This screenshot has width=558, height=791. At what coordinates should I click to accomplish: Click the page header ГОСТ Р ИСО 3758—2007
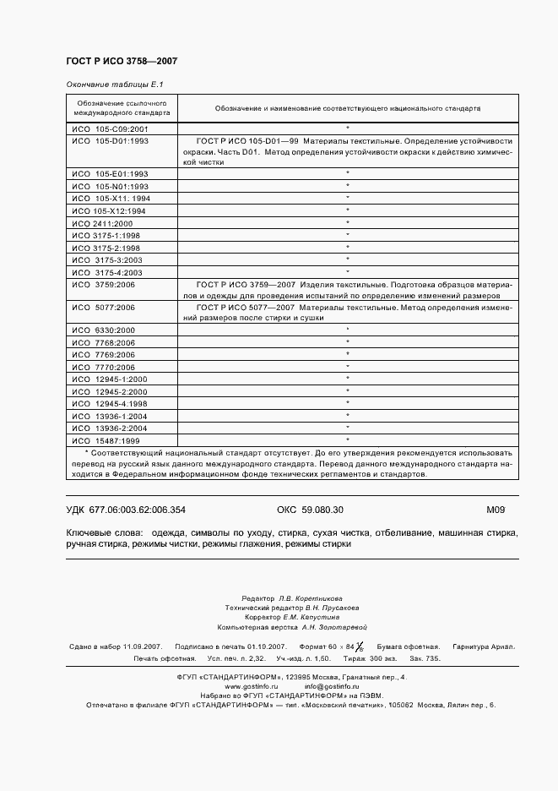122,62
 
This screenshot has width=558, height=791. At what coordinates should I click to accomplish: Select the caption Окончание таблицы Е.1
114,85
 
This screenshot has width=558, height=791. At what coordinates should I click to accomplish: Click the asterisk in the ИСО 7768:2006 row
347,342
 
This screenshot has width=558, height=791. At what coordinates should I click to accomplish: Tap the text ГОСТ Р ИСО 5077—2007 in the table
239,308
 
